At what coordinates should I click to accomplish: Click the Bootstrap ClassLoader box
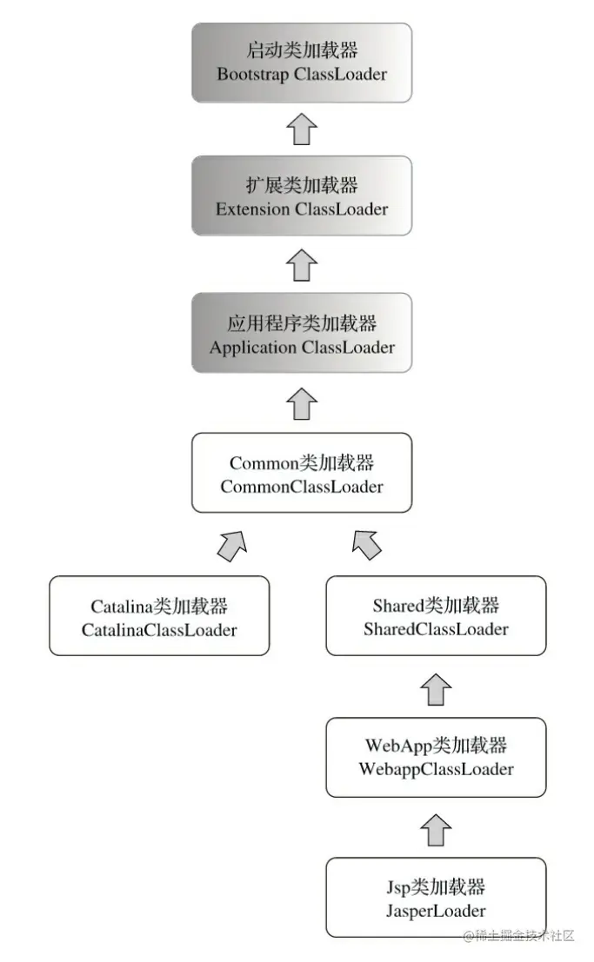point(302,63)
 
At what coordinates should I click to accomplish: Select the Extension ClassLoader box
point(302,196)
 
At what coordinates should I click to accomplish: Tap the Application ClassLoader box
point(302,333)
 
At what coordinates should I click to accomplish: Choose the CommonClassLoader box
point(302,473)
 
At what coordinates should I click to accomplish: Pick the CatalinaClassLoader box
point(159,615)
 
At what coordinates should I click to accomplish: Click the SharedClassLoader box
point(436,615)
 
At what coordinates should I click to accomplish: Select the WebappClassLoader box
point(436,756)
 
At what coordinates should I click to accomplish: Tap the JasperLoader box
point(436,898)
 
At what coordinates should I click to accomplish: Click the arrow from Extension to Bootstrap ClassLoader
point(302,129)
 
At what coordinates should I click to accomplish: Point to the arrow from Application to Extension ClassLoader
point(302,264)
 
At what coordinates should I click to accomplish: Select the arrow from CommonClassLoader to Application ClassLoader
point(302,402)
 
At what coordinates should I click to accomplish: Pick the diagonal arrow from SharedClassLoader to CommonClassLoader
point(367,544)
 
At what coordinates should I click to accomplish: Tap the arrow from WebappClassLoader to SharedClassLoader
point(436,689)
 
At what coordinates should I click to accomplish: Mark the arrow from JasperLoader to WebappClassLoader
point(436,830)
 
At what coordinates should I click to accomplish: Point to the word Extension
point(252,209)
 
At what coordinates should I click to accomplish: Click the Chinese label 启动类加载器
point(302,50)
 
